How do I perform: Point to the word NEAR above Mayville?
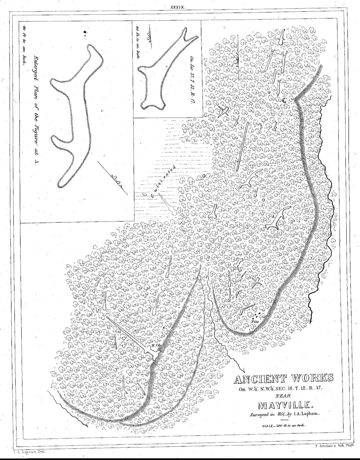(284, 396)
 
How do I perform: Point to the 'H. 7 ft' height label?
(154, 346)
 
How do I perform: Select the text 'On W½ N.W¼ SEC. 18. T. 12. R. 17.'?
(279, 389)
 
